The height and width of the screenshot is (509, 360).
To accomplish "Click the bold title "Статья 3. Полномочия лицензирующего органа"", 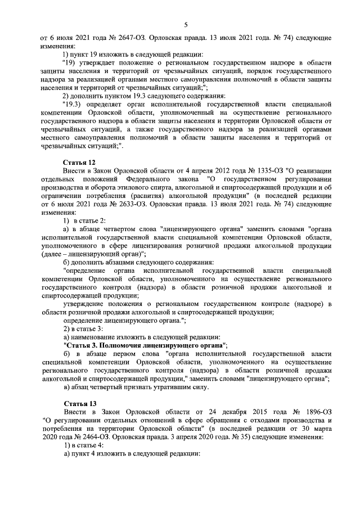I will coord(144,344).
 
